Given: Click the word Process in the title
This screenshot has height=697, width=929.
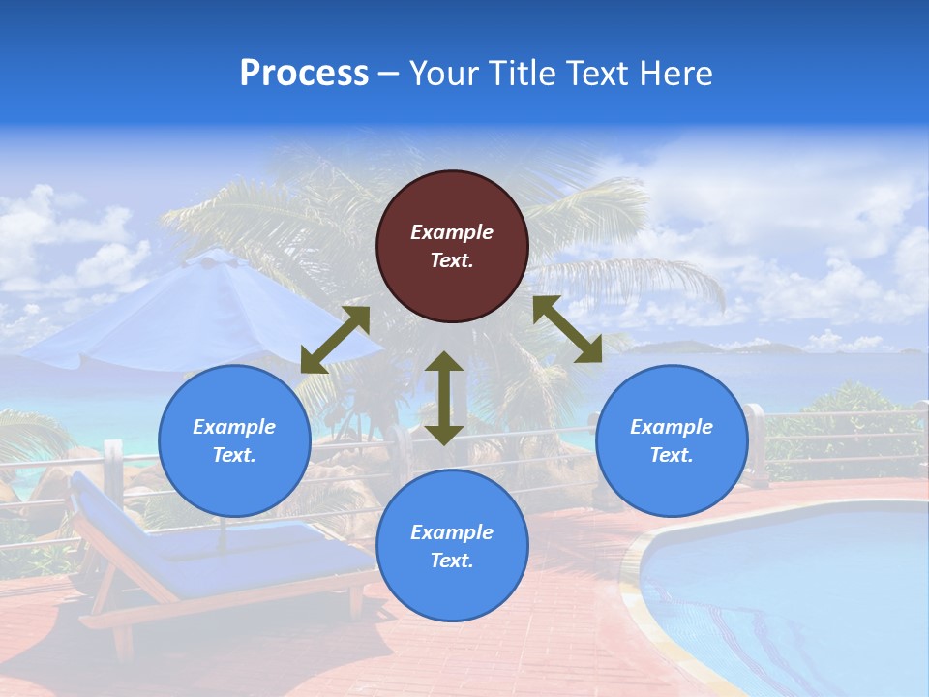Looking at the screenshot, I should click(x=304, y=74).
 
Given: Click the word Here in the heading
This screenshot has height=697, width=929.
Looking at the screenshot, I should click(x=675, y=74).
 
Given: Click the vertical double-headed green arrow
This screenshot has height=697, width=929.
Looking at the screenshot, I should click(x=444, y=398).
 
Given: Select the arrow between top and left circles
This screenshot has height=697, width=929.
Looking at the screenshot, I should click(x=335, y=340).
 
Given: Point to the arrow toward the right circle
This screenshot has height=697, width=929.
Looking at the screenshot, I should click(x=567, y=329).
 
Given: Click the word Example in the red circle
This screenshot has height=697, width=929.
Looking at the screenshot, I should click(x=452, y=232).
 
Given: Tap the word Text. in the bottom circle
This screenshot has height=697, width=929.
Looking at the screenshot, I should click(x=452, y=561).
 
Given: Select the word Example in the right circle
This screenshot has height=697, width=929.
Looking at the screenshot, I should click(x=672, y=427).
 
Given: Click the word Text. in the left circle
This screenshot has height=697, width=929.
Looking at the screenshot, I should click(x=234, y=455).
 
